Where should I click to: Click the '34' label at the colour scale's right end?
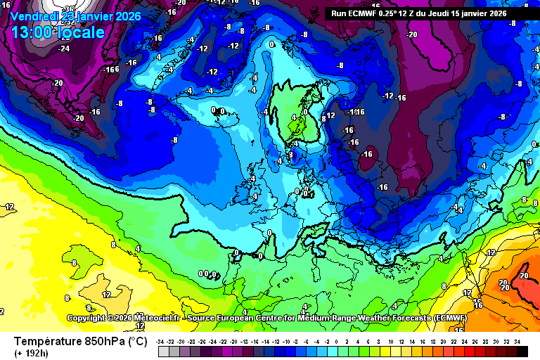pos(517,341)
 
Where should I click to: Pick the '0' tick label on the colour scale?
pos(336,341)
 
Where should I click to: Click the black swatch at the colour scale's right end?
pos(522,351)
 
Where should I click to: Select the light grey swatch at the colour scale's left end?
pos(163,351)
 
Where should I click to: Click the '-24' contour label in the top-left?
pos(64,49)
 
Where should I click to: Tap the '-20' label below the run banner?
pos(412,34)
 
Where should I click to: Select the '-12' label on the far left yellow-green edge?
pos(9,207)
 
